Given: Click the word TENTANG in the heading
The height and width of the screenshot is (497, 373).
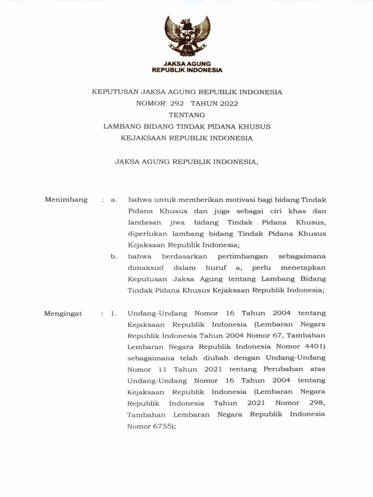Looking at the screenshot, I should pos(187,115).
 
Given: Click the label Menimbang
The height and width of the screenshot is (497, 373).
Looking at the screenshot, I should pos(66,199).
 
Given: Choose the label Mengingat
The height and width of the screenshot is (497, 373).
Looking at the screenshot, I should pos(63,314).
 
